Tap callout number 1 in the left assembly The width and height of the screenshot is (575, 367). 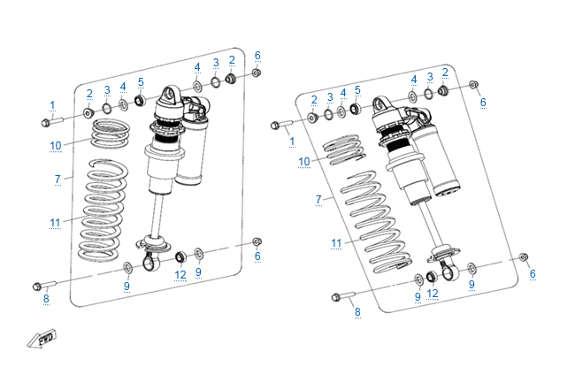click(52, 105)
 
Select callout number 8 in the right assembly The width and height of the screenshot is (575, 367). click(357, 311)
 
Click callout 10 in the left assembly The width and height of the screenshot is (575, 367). click(55, 145)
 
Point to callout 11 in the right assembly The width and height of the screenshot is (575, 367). click(336, 242)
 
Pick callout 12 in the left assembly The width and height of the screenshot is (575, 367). click(180, 274)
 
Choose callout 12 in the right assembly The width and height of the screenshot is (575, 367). click(433, 294)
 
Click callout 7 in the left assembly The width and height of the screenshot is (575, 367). click(57, 179)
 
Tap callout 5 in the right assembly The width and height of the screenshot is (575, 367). click(357, 90)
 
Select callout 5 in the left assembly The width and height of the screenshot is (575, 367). click(140, 81)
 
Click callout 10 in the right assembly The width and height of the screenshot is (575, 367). click(304, 162)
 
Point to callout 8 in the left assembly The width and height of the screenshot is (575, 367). click(46, 299)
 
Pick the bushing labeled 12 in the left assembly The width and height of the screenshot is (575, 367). click(180, 257)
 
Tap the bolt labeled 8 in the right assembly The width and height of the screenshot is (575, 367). click(341, 296)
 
